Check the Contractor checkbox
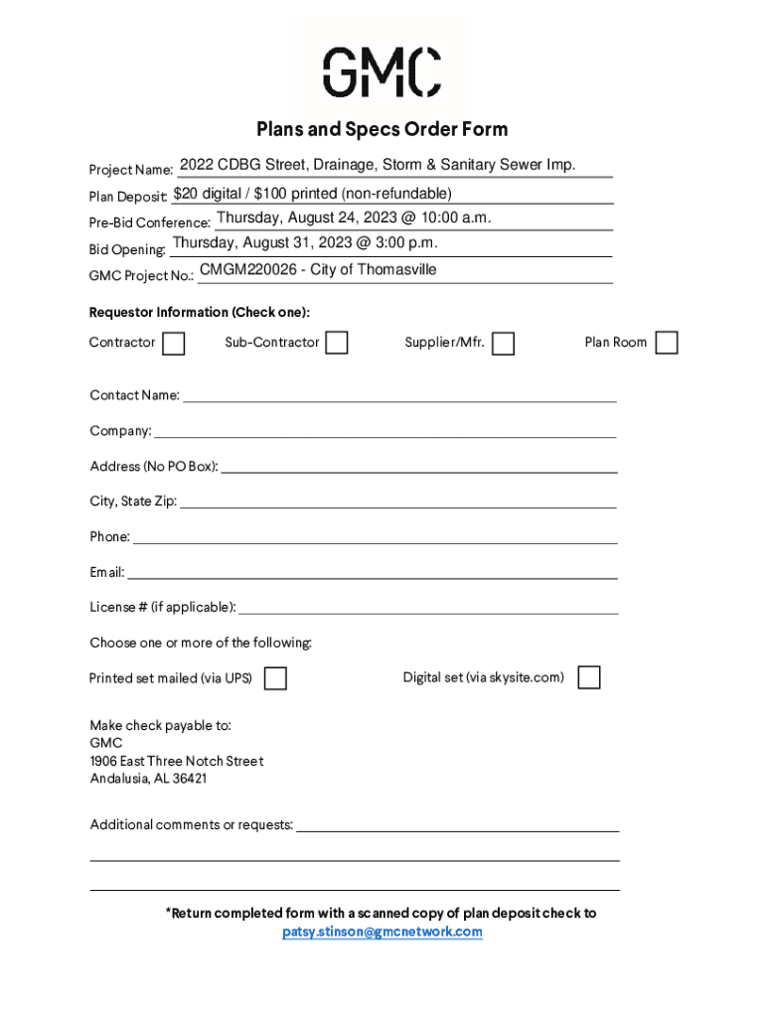[174, 344]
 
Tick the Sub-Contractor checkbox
[338, 343]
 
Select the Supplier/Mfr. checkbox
[504, 344]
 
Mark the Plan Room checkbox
[667, 343]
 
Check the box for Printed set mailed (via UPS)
[275, 678]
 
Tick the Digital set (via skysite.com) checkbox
[589, 677]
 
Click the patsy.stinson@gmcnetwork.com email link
[382, 932]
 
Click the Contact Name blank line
[399, 395]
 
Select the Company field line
[384, 431]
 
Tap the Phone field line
[375, 537]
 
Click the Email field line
[373, 573]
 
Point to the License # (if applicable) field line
[428, 608]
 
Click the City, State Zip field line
[397, 502]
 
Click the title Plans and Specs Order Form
[382, 129]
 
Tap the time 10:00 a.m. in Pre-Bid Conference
[456, 218]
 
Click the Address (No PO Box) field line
[418, 467]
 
